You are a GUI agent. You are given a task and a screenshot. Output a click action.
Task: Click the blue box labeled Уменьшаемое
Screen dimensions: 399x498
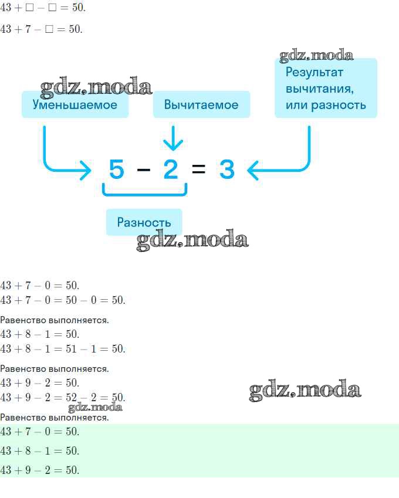[x=75, y=104]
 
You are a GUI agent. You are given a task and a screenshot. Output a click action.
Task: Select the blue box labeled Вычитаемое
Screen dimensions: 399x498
[x=201, y=104]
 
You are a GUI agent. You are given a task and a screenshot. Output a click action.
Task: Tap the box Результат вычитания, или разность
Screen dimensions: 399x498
[x=326, y=89]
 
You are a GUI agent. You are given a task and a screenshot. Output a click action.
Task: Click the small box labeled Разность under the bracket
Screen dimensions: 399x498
[x=144, y=222]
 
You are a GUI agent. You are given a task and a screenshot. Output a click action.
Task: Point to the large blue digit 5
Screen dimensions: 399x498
[x=116, y=169]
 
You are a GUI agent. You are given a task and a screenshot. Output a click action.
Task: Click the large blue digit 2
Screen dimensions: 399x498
[x=171, y=169]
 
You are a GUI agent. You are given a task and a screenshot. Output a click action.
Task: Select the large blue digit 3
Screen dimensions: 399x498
[x=227, y=169]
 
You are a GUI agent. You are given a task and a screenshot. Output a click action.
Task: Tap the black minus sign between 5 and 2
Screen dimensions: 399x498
[x=144, y=170]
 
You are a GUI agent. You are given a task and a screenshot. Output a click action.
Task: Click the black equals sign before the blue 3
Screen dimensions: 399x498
[x=198, y=169]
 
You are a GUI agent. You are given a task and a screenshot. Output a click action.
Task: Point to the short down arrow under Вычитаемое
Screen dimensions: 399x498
[x=173, y=138]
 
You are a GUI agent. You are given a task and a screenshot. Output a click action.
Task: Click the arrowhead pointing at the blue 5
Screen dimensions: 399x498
[x=86, y=170]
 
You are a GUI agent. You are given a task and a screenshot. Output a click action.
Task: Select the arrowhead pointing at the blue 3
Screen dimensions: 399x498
[x=253, y=170]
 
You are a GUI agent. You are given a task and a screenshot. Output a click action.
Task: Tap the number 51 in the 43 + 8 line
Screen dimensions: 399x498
[x=71, y=349]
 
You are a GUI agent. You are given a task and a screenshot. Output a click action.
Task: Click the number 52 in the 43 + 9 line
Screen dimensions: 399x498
[x=71, y=397]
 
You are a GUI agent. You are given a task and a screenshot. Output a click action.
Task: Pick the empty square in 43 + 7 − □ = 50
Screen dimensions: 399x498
[x=49, y=29]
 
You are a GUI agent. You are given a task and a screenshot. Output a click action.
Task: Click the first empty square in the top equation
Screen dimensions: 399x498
[x=29, y=7]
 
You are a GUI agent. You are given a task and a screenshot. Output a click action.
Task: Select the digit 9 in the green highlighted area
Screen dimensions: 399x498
[x=28, y=470]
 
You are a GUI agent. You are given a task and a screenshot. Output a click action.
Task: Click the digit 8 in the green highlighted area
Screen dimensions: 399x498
[x=28, y=450]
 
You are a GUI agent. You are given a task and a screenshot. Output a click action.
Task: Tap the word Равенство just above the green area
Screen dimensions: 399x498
[x=23, y=417]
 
